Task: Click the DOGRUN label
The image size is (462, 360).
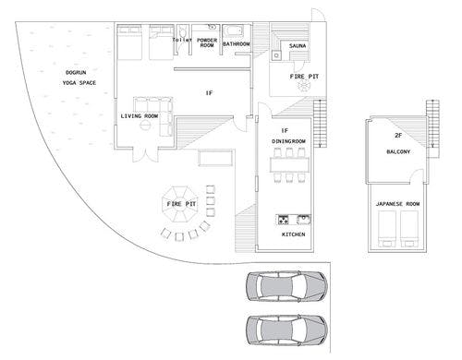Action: pos(76,73)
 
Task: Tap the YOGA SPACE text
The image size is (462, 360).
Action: pos(79,83)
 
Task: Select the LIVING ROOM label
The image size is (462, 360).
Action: pos(140,116)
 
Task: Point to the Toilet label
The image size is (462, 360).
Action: pos(182,40)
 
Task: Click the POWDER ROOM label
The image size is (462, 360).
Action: pos(207,42)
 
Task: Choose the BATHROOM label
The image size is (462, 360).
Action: pos(237,44)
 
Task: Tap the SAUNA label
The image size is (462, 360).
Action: pos(298,46)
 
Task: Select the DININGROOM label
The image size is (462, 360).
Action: pos(288,141)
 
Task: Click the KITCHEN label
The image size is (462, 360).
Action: pos(294,234)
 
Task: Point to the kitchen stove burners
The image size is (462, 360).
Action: pos(284,220)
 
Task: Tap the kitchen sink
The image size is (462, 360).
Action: pos(304,220)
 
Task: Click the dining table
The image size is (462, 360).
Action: pos(289,164)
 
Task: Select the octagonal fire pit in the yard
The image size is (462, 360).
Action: pos(180,204)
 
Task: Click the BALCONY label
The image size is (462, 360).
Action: pos(398,151)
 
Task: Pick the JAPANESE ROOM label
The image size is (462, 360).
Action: pos(397,204)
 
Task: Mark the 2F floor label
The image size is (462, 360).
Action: pos(398,135)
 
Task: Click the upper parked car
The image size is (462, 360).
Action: pos(286,286)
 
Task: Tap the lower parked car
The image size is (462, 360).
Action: pos(286,330)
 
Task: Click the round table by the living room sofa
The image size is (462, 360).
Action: pos(145,125)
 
